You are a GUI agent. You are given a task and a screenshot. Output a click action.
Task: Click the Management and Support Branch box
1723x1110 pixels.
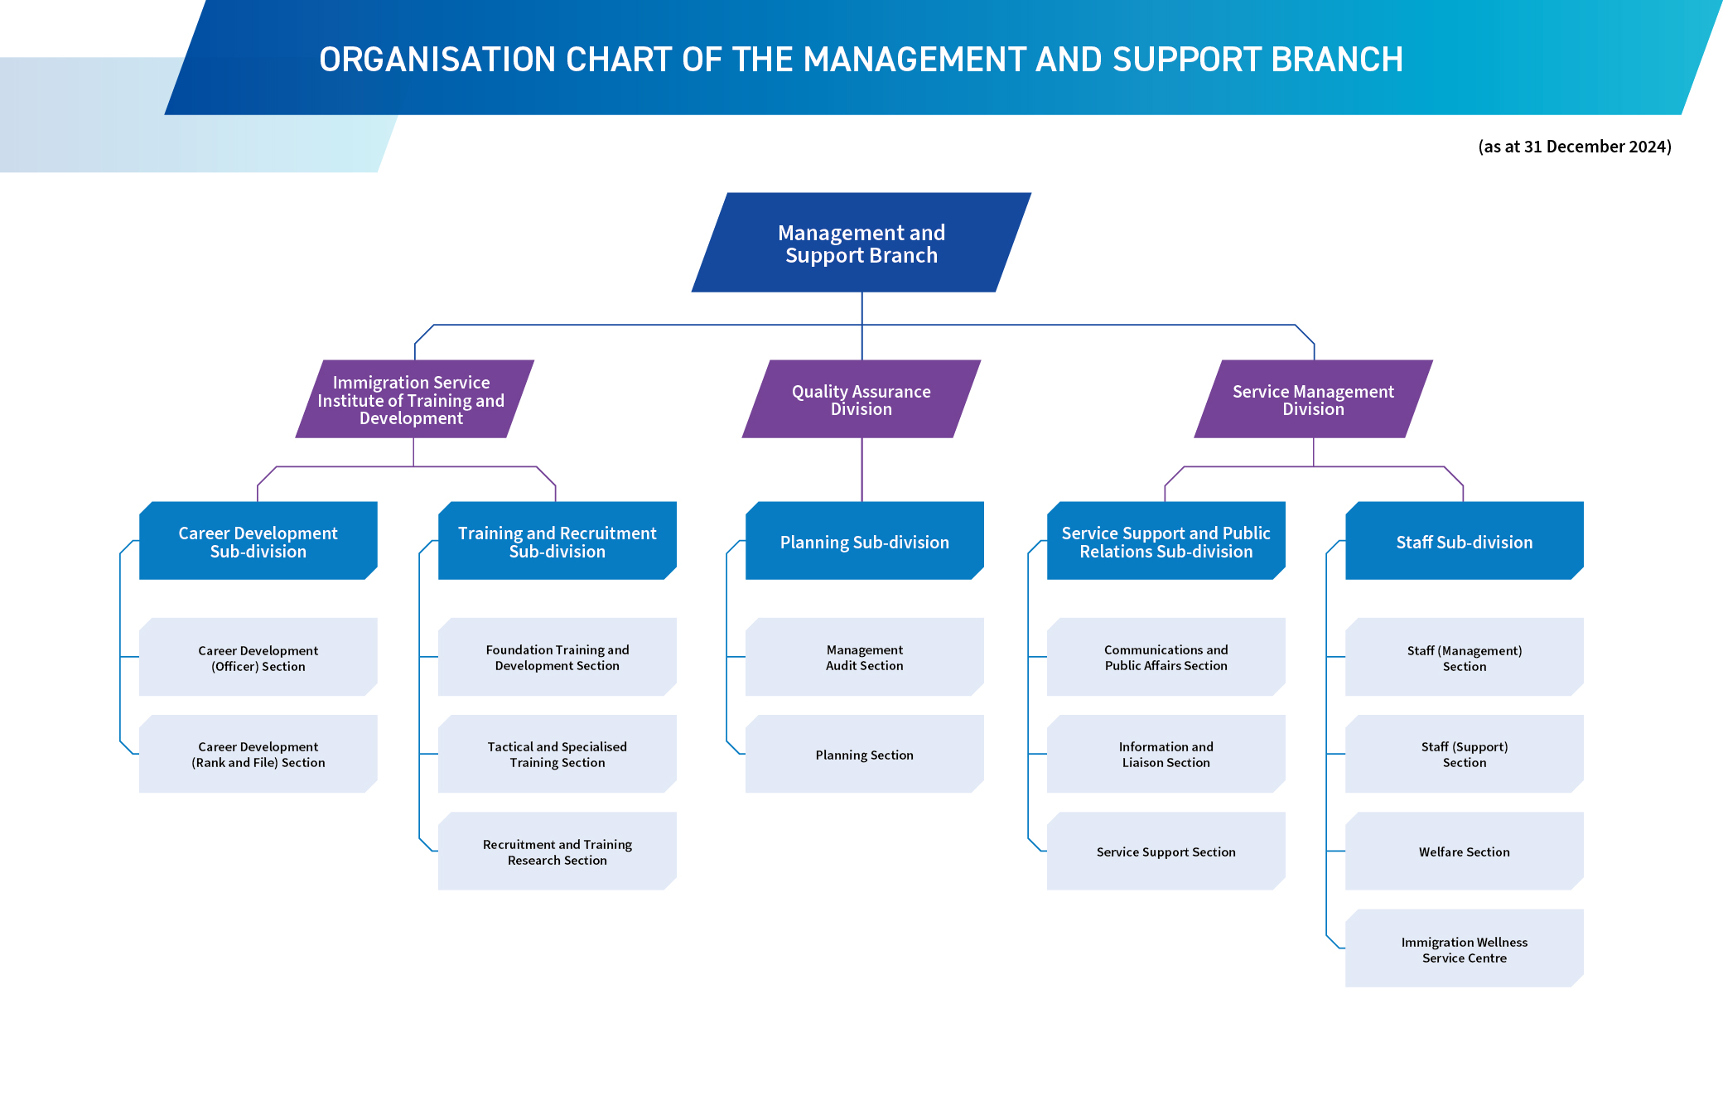[861, 244]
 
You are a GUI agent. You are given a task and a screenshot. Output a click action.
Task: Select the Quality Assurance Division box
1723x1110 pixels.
[861, 399]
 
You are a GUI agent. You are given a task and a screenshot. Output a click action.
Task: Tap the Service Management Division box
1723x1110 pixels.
[1313, 399]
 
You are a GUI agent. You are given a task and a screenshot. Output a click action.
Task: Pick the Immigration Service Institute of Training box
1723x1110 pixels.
[412, 399]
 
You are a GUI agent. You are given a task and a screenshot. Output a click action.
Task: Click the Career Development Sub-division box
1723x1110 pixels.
[258, 542]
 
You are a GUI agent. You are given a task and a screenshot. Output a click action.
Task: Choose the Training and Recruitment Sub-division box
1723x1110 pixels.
[557, 542]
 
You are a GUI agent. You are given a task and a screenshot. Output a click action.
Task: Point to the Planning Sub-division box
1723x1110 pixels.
[865, 542]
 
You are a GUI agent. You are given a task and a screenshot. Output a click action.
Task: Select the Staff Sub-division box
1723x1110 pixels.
[1465, 542]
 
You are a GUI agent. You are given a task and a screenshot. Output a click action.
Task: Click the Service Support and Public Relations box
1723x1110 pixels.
[1166, 542]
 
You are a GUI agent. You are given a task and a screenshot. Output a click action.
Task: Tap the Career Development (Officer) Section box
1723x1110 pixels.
[258, 658]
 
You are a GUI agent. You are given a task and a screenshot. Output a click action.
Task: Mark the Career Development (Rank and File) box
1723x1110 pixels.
[258, 755]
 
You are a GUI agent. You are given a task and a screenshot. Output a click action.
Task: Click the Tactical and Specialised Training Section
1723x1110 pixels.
[557, 755]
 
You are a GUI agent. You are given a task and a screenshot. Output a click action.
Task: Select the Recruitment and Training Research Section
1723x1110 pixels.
[557, 852]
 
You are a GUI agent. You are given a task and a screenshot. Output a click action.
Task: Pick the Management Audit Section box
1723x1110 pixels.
[865, 658]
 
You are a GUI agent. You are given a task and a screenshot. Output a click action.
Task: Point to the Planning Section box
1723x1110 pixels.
[865, 755]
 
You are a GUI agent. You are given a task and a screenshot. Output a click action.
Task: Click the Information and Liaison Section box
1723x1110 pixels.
[1166, 755]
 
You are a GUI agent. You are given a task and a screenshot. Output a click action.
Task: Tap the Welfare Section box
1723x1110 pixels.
[1465, 852]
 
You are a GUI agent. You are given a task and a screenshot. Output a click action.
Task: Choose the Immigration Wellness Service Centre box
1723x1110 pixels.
[1465, 949]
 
